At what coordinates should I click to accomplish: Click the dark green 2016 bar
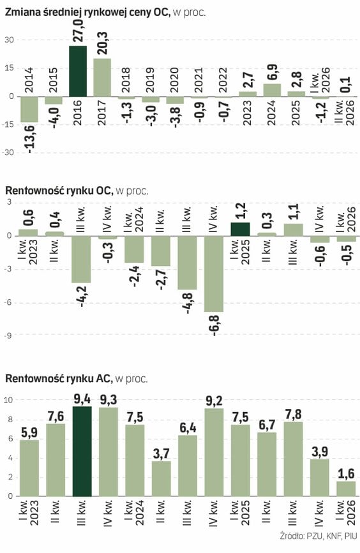click(x=78, y=71)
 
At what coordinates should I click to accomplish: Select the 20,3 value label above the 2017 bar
click(x=102, y=43)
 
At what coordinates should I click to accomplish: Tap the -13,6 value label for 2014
click(x=29, y=139)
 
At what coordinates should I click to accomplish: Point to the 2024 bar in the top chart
click(x=272, y=91)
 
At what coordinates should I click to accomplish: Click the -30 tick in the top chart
click(x=9, y=152)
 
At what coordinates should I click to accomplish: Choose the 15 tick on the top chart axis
click(x=10, y=68)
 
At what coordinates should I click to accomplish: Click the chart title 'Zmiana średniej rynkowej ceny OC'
click(x=87, y=13)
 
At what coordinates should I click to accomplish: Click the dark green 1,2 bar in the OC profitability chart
click(x=241, y=229)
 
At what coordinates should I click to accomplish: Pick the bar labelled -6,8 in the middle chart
click(x=214, y=274)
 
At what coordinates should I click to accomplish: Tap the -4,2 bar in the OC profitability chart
click(x=82, y=260)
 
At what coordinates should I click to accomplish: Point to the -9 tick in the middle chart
click(x=8, y=335)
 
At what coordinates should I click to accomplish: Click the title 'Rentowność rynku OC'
click(x=59, y=191)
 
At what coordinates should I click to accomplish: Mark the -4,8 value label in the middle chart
click(x=187, y=304)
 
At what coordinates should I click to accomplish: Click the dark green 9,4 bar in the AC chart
click(x=82, y=452)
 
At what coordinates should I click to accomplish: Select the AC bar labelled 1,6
click(x=346, y=489)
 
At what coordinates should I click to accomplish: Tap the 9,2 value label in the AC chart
click(x=214, y=401)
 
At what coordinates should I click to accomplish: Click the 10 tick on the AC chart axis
click(x=8, y=400)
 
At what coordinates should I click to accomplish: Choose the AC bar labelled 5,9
click(x=29, y=468)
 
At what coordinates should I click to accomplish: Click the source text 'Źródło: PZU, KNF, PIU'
click(x=319, y=536)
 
